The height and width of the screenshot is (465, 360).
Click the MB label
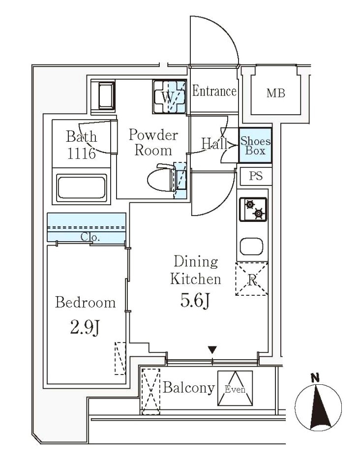point(275,93)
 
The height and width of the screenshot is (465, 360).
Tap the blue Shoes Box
point(255,145)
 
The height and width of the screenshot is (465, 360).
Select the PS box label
point(256,176)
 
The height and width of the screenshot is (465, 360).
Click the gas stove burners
point(253,209)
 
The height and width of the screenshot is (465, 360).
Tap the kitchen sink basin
point(251,246)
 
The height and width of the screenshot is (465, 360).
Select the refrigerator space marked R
point(251,279)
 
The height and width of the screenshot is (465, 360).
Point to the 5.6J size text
point(195,301)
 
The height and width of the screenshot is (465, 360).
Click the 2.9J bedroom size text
point(85,328)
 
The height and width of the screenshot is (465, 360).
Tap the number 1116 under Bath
point(82,154)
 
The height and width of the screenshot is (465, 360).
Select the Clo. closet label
point(90,237)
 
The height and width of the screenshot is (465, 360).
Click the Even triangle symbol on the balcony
point(235,388)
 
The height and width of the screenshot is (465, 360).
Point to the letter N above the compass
point(315,378)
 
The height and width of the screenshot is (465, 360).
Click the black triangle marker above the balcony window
point(212,350)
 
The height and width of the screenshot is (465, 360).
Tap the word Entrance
point(214,91)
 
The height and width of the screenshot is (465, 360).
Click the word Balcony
point(189,388)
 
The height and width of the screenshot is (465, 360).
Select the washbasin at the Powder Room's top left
point(103,96)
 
